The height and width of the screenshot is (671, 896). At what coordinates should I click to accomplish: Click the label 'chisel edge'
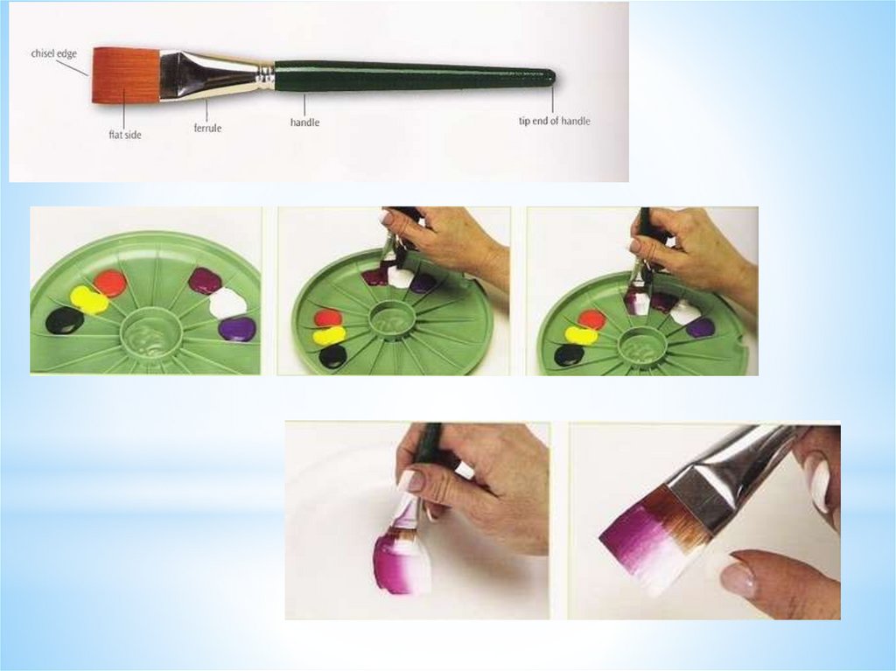click(53, 53)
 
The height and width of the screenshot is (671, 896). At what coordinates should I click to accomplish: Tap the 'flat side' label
click(124, 136)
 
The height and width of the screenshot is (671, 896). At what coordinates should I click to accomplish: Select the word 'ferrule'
click(207, 128)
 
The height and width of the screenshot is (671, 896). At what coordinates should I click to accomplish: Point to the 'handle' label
click(304, 122)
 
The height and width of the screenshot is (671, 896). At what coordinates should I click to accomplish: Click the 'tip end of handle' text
click(554, 122)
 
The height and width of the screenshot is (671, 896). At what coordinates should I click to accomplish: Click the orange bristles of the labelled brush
click(126, 75)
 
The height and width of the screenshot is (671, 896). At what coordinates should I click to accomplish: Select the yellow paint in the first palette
click(88, 300)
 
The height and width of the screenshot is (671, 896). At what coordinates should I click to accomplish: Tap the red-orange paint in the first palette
click(109, 283)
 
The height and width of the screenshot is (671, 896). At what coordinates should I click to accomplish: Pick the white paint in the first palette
click(227, 304)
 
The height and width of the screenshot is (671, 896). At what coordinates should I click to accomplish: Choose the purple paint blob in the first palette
click(236, 329)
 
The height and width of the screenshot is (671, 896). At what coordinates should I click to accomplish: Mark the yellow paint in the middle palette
click(329, 335)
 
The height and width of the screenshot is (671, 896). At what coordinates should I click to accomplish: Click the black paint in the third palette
click(569, 355)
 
